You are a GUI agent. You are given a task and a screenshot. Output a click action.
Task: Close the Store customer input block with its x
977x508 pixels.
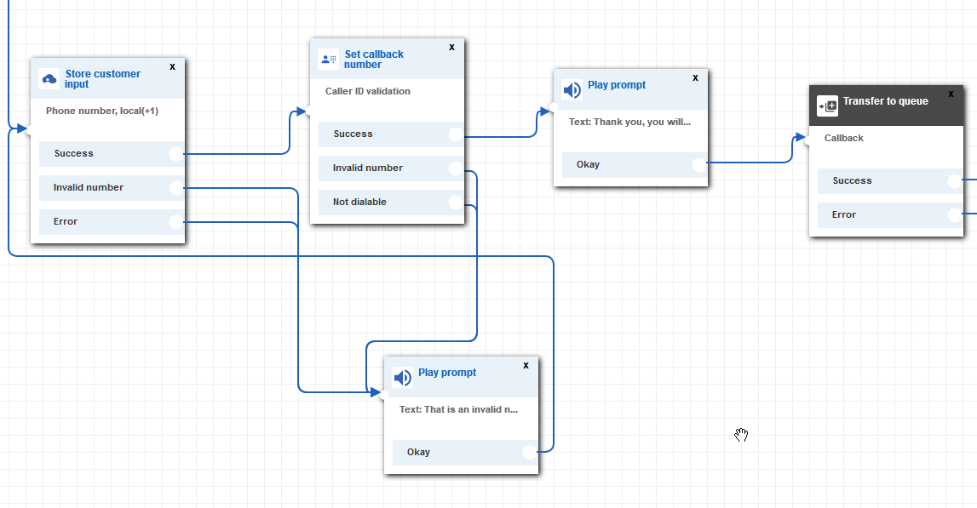(172, 66)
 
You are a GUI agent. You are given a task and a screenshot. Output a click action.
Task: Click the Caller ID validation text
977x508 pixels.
(367, 91)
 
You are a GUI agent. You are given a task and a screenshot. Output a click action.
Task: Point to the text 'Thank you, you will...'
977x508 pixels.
(629, 122)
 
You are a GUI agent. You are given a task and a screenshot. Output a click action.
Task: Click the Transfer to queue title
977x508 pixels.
(885, 101)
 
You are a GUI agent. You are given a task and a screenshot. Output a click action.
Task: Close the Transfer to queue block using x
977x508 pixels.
(951, 94)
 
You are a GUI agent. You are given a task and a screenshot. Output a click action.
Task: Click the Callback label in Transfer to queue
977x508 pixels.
(843, 138)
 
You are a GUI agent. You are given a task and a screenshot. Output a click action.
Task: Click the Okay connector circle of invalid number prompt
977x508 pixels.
(529, 453)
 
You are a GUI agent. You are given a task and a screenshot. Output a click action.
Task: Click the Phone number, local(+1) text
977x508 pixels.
(101, 111)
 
